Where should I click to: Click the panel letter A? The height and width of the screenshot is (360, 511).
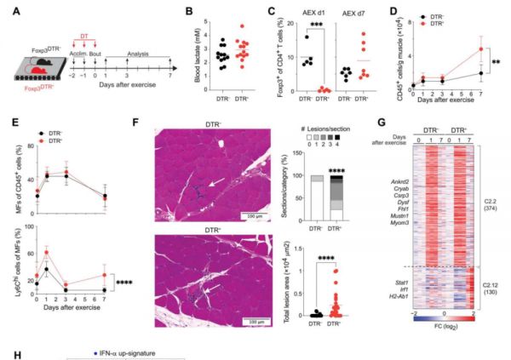9,10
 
